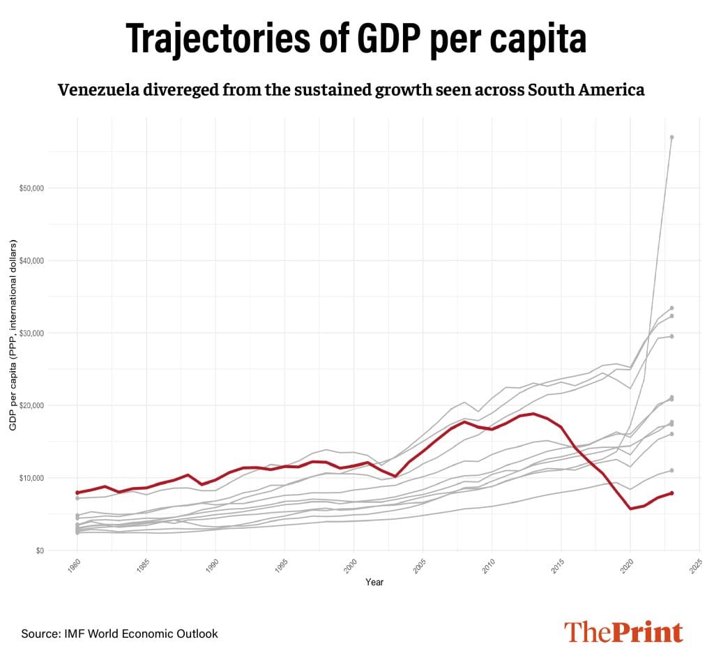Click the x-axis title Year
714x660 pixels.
coord(374,582)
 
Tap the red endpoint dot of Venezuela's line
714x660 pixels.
coord(671,493)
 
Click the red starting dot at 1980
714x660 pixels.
coord(77,493)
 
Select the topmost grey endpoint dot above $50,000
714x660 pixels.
coord(671,137)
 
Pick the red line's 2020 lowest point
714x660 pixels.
coord(630,509)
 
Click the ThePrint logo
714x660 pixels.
coord(623,632)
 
